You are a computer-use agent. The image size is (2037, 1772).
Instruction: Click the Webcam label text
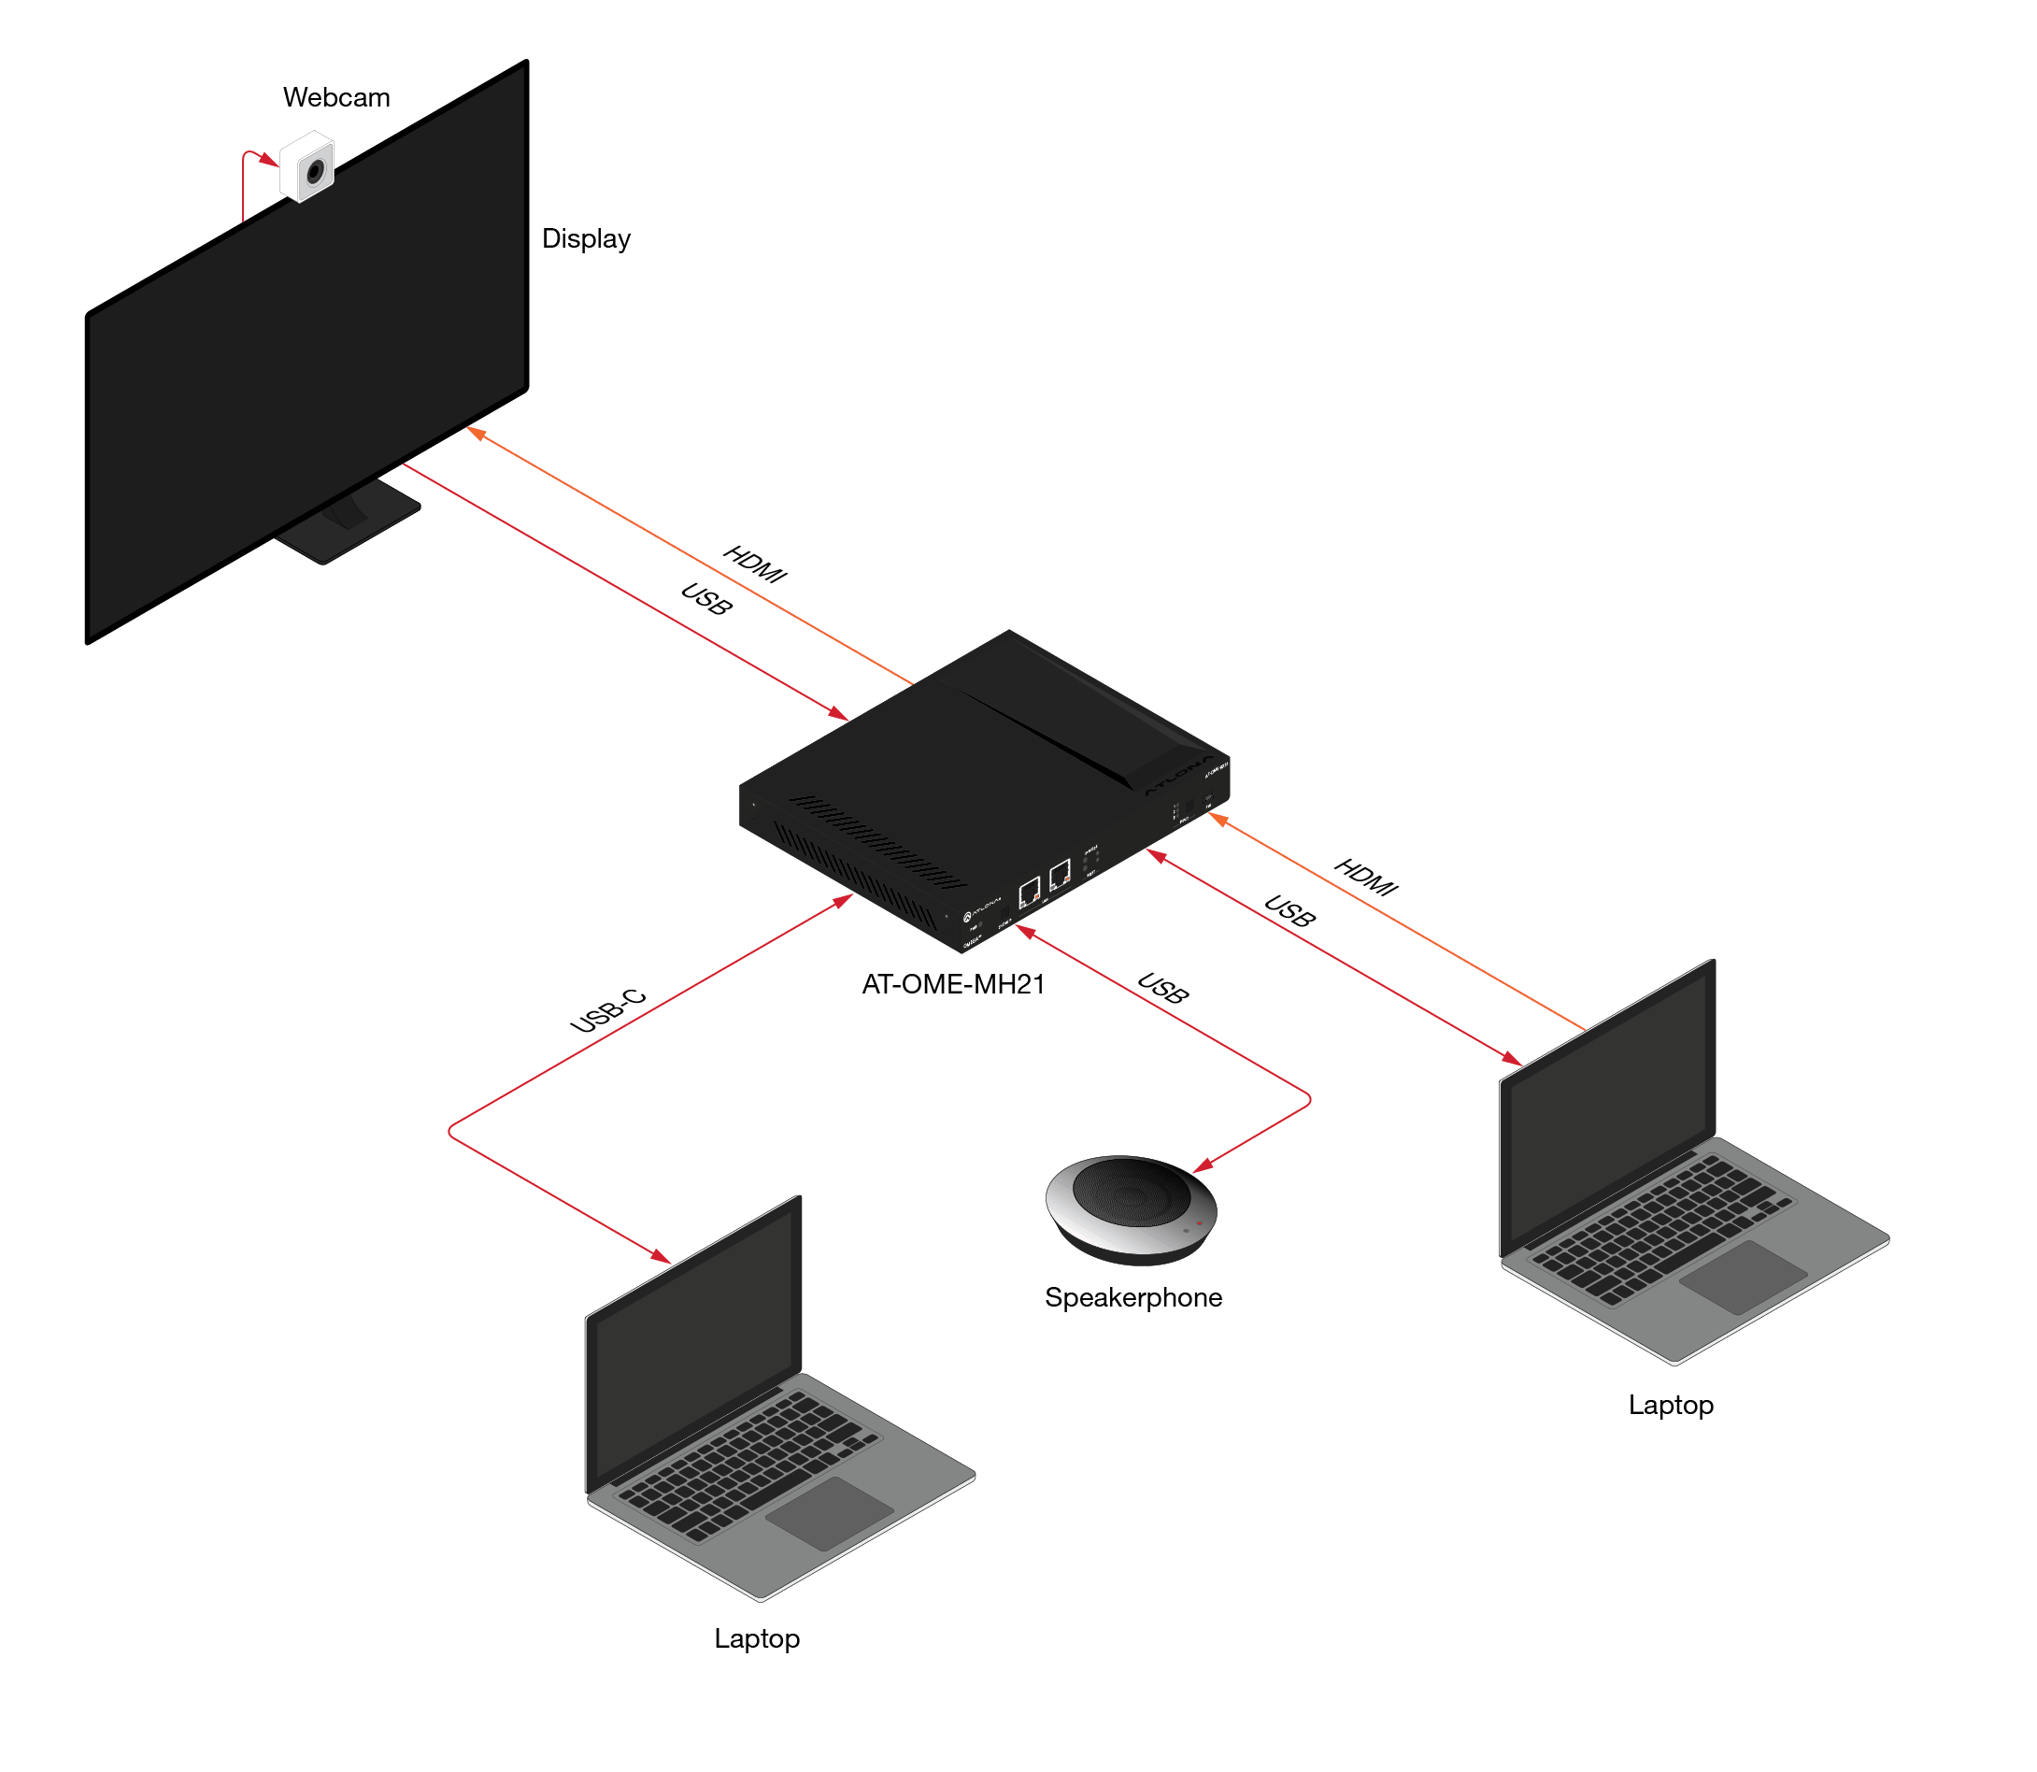pos(336,98)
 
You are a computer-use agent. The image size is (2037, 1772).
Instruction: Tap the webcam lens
pos(316,172)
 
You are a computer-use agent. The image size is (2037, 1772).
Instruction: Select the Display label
pos(585,239)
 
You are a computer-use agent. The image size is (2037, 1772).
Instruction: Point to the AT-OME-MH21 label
pos(953,985)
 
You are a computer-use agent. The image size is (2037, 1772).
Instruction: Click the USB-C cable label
pos(608,1010)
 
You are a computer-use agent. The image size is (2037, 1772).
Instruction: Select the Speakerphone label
pos(1133,1297)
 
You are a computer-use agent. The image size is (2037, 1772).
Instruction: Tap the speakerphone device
pos(1132,1208)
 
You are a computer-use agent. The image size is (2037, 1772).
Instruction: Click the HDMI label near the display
pos(754,564)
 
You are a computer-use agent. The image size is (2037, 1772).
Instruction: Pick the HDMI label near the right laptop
pos(1365,877)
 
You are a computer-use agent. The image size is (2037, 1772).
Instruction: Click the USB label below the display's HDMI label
pos(706,599)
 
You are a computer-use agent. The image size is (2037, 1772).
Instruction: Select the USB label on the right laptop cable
pos(1289,910)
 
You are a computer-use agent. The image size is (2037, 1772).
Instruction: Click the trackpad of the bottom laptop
pos(829,1513)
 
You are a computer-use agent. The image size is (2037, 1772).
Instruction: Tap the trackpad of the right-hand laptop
pos(1743,1277)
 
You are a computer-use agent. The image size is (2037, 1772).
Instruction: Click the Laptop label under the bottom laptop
pos(757,1639)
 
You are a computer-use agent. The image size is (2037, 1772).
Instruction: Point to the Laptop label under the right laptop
pos(1670,1405)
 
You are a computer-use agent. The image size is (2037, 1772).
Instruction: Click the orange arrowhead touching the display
pos(476,433)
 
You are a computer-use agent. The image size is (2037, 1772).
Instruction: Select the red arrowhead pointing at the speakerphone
pos(1204,1166)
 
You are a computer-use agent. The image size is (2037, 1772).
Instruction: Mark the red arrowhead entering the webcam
pos(269,160)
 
